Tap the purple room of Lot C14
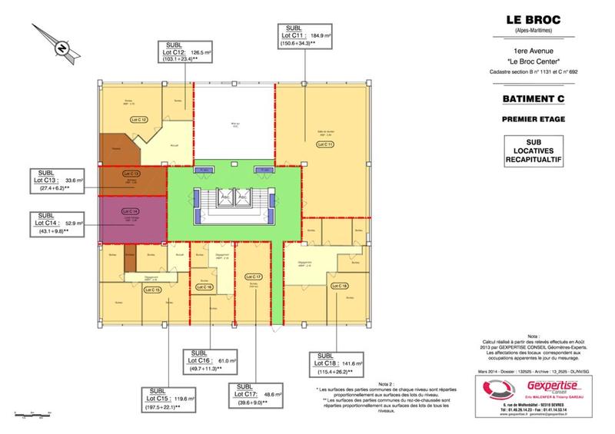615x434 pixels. tap(131, 217)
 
